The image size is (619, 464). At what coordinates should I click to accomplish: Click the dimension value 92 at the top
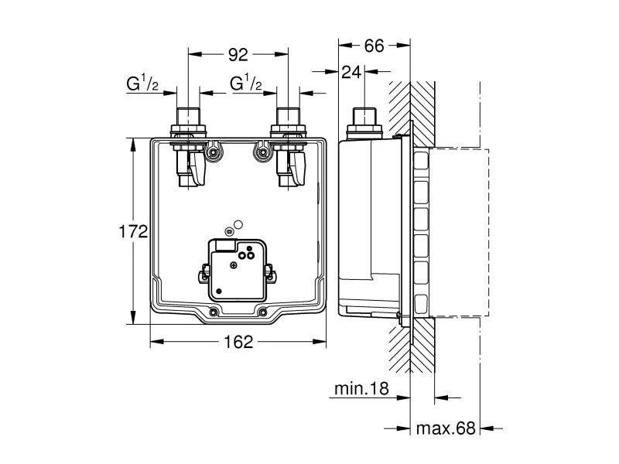pos(238,55)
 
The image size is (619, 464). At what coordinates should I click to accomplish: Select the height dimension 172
pos(132,232)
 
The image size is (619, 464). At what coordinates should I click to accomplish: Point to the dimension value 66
pos(374,46)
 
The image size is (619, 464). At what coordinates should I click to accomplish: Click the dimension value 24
pos(352,72)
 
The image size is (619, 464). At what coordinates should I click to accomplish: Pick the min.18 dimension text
pos(361,389)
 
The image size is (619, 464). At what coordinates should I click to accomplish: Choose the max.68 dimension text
pos(444,428)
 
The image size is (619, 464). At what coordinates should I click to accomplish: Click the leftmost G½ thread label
pos(144,84)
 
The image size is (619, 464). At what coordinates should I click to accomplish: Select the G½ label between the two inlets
pos(246,84)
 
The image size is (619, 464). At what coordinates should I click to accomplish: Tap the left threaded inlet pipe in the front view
pos(190,120)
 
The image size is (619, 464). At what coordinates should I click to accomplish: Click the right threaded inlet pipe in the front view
pos(287,120)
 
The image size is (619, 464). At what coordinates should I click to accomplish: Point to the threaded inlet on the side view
pos(363,120)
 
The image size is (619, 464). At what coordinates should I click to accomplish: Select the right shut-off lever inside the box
pos(298,169)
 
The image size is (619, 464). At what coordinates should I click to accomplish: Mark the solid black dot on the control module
pos(219,291)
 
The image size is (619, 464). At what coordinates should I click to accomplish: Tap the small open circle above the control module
pos(238,225)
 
